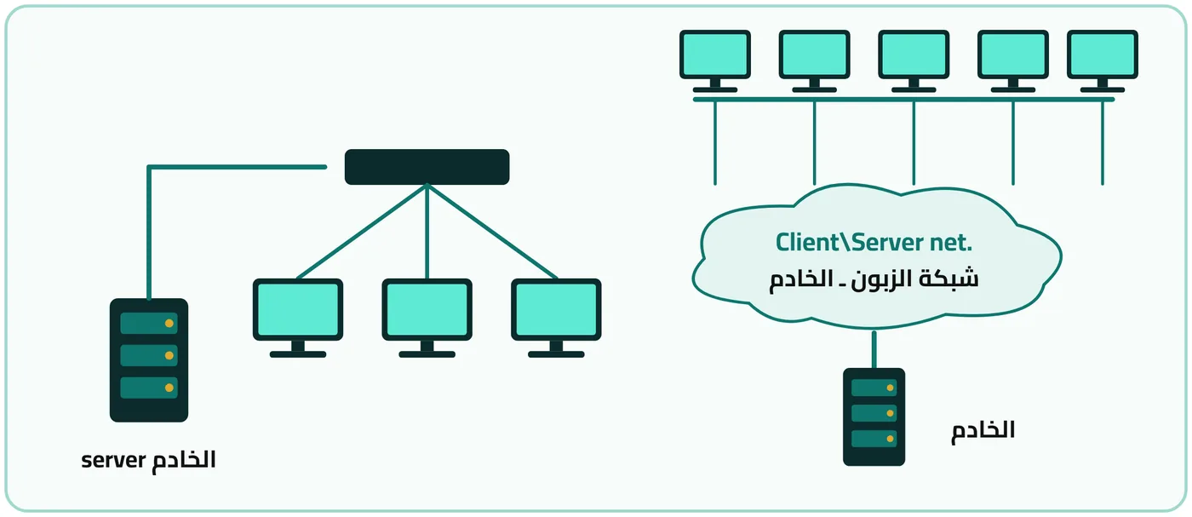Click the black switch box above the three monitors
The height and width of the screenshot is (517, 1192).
(427, 167)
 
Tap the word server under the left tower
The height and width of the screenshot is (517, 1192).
(113, 460)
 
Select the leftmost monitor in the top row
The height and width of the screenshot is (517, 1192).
(714, 61)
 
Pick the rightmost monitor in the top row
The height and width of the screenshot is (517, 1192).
(1102, 61)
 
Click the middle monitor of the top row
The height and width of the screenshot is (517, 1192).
(913, 61)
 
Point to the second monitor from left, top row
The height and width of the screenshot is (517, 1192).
(814, 61)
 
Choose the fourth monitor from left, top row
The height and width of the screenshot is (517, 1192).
(1012, 61)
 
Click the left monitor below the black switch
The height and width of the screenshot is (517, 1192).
(297, 318)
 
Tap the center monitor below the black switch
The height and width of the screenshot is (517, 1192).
(427, 318)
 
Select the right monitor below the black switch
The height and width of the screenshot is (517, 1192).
(556, 318)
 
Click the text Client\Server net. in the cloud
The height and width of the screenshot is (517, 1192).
(874, 242)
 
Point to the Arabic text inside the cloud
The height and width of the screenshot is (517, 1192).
(874, 279)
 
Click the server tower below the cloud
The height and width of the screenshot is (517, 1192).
(874, 416)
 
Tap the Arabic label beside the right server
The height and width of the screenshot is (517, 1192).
(983, 430)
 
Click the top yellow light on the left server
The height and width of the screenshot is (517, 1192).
(169, 323)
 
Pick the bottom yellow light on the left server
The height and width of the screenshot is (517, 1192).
(169, 388)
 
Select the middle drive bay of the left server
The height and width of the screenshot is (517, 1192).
(148, 355)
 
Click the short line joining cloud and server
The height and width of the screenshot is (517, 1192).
(874, 349)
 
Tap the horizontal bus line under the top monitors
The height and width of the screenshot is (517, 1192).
(903, 100)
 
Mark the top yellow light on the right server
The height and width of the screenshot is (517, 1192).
(890, 388)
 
